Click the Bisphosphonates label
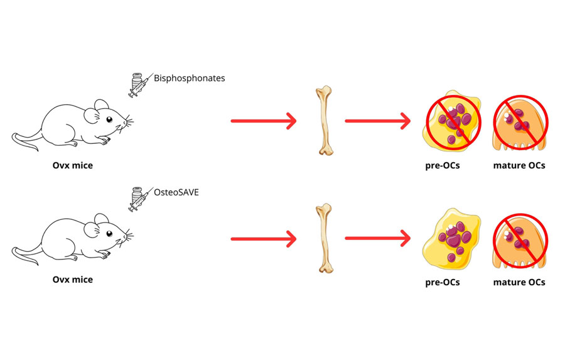[x=189, y=79]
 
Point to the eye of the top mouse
[x=109, y=119]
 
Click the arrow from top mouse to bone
[x=263, y=121]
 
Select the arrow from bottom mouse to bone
[x=263, y=238]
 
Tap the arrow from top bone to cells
[x=377, y=121]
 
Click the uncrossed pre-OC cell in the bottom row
[x=451, y=239]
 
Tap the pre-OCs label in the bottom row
[x=443, y=282]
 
